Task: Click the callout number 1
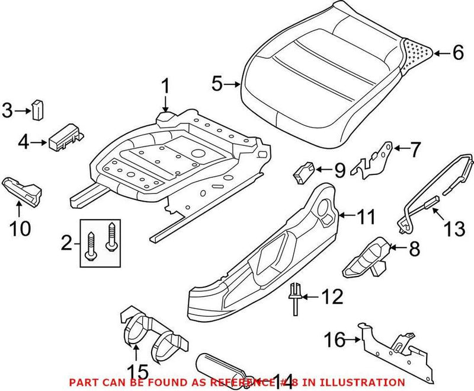tap(165, 88)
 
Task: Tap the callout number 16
tap(335, 341)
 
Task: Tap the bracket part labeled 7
tap(373, 160)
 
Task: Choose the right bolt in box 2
tap(110, 236)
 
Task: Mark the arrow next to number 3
tap(24, 109)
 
